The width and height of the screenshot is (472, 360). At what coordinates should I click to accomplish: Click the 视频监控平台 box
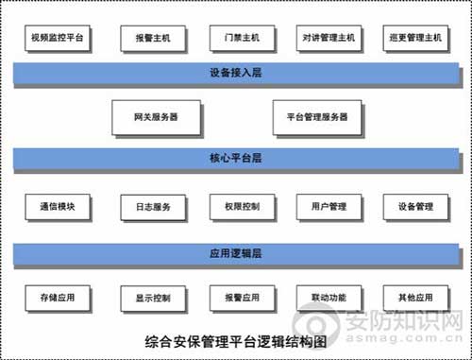click(x=57, y=38)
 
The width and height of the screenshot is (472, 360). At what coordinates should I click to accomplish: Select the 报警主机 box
click(x=147, y=38)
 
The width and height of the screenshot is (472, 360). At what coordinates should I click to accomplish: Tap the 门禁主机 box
click(x=235, y=38)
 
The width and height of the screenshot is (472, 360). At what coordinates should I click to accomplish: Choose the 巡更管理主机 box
click(x=415, y=38)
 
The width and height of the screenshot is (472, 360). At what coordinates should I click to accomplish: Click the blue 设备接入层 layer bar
click(x=235, y=72)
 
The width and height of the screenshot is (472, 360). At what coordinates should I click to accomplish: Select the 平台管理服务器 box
click(x=317, y=116)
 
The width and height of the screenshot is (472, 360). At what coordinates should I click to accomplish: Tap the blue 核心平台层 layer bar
click(x=235, y=158)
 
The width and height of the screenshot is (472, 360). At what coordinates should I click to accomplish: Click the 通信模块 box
click(x=57, y=207)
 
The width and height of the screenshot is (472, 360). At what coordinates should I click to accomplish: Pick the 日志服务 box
click(x=147, y=207)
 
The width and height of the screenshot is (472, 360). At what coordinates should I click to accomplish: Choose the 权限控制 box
click(x=235, y=207)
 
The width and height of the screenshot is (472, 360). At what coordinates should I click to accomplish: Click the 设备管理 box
click(x=415, y=207)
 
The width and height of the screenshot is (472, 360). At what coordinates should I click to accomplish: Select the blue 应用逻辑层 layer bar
click(x=235, y=253)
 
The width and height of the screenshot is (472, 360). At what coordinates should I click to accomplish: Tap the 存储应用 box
click(x=57, y=299)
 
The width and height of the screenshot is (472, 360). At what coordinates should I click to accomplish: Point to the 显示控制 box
click(x=147, y=299)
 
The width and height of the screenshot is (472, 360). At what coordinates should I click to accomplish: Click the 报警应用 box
click(x=235, y=299)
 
